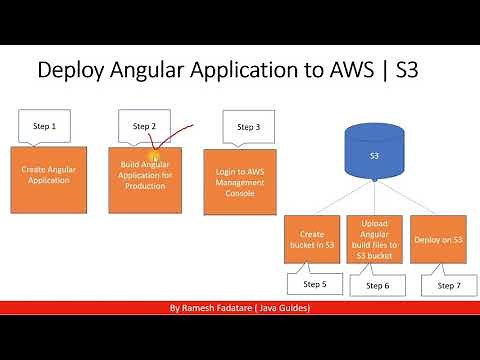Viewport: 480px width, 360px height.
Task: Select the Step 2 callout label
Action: pyautogui.click(x=145, y=127)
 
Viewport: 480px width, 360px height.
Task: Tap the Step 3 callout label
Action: pyautogui.click(x=249, y=128)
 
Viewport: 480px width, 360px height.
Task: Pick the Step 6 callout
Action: pyautogui.click(x=377, y=286)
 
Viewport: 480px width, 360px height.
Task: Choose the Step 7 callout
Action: pyautogui.click(x=449, y=286)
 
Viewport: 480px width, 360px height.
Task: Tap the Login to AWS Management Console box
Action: pyautogui.click(x=239, y=181)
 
